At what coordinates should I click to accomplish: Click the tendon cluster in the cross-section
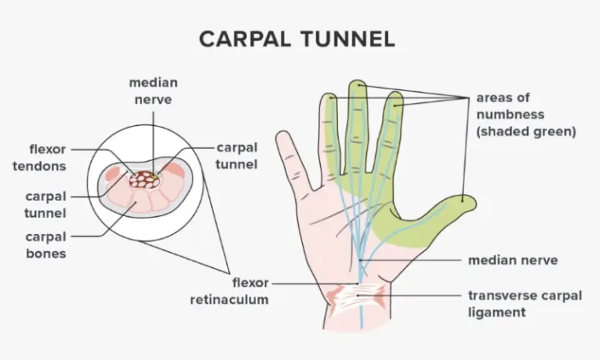pyautogui.click(x=149, y=180)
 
